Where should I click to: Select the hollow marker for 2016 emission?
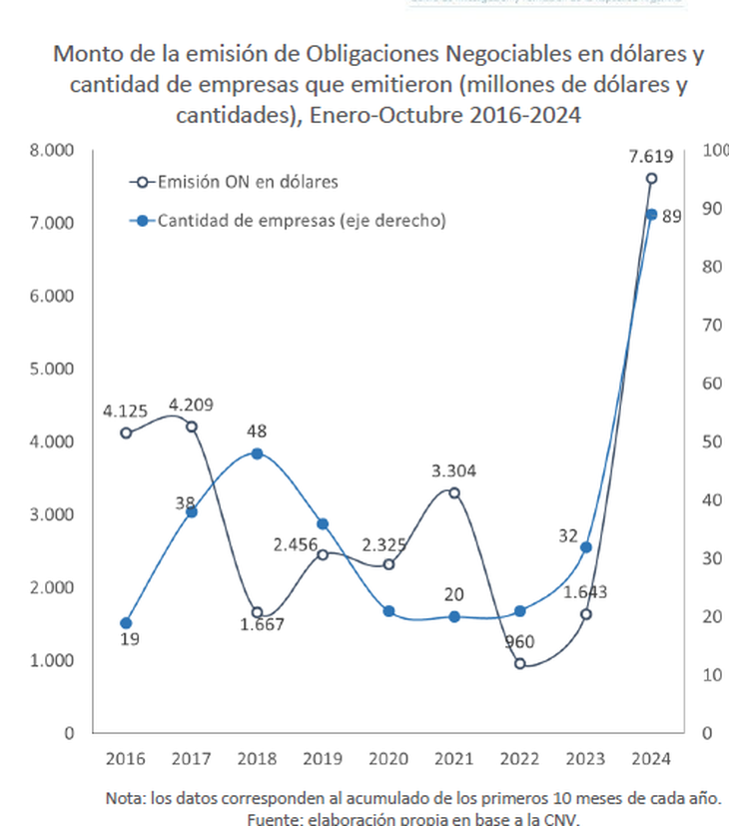(126, 432)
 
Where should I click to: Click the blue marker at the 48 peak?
(257, 453)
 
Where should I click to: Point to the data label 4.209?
(191, 406)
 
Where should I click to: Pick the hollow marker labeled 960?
(520, 663)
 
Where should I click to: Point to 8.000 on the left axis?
(54, 151)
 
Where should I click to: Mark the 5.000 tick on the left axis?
(54, 369)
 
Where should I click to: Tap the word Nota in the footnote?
(127, 799)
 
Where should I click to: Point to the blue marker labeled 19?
(126, 623)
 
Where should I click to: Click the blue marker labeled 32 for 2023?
(586, 547)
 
